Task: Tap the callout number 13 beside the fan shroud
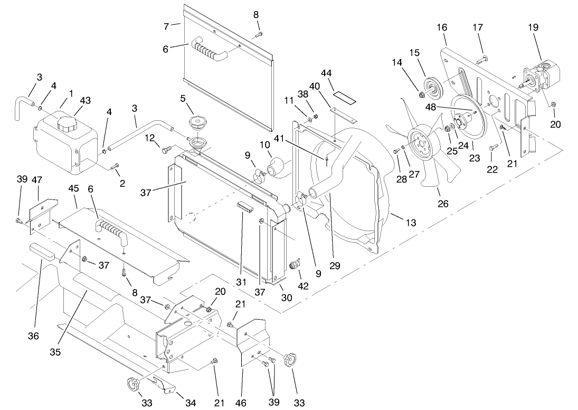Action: pos(411,223)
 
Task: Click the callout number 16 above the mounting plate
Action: pos(442,26)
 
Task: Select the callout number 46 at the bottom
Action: pos(242,404)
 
